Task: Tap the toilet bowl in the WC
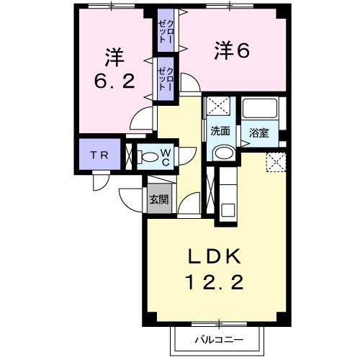coord(149,156)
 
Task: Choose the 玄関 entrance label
coord(158,199)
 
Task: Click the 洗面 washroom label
coord(220,132)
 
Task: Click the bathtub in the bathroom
coord(260,109)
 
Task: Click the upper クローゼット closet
coord(165,31)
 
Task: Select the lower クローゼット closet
coord(166,78)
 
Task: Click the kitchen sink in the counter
coord(227,211)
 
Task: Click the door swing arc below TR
coord(102,181)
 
